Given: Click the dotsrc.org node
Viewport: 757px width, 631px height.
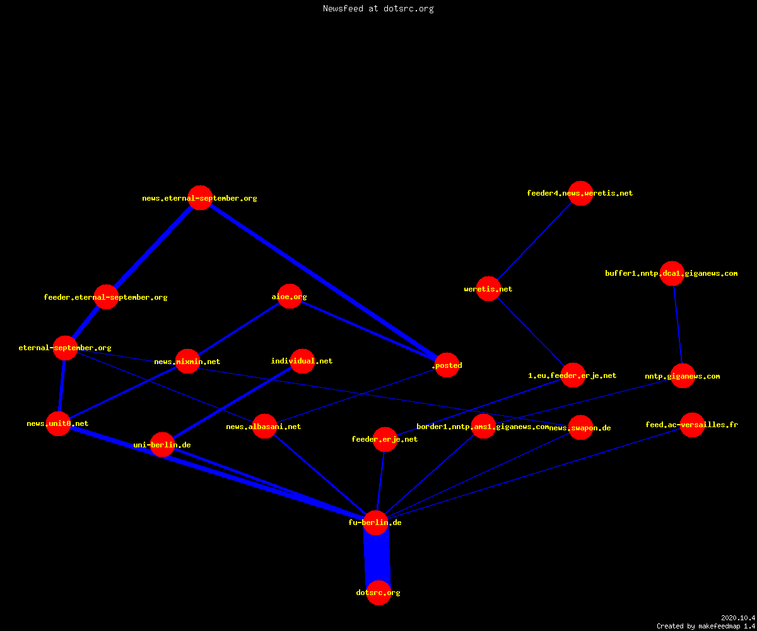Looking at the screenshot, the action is pyautogui.click(x=378, y=593).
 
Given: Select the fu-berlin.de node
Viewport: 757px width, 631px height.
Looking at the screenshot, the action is pyautogui.click(x=375, y=522).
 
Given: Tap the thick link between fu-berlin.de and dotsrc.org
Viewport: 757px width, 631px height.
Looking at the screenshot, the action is pyautogui.click(x=377, y=558).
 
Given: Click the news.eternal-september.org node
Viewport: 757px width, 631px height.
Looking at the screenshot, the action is pyautogui.click(x=200, y=198).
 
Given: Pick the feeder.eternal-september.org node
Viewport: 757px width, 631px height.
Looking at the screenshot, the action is pyautogui.click(x=106, y=297).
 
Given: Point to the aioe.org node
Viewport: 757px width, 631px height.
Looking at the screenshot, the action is pyautogui.click(x=290, y=297).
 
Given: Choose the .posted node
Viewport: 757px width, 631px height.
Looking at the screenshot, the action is pyautogui.click(x=447, y=365).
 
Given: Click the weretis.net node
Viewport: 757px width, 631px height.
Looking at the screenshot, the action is pyautogui.click(x=488, y=288).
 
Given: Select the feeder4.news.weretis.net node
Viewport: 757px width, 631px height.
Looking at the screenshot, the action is pyautogui.click(x=580, y=193).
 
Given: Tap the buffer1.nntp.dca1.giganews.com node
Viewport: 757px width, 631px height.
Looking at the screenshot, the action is pyautogui.click(x=672, y=273).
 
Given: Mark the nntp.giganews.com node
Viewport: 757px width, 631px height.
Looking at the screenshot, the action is pyautogui.click(x=683, y=375).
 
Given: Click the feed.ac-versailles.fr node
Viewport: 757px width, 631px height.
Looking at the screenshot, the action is pyautogui.click(x=692, y=425).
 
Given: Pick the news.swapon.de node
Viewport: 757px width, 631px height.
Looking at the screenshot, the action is pyautogui.click(x=580, y=428).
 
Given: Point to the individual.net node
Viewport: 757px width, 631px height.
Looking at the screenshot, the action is pyautogui.click(x=302, y=361).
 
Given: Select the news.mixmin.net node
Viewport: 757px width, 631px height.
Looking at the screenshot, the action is pyautogui.click(x=187, y=361).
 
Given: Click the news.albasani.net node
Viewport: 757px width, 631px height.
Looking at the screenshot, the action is pyautogui.click(x=264, y=426).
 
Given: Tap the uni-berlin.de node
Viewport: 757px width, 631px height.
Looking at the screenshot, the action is pyautogui.click(x=162, y=445).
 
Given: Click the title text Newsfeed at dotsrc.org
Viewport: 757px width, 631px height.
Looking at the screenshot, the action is pyautogui.click(x=378, y=8).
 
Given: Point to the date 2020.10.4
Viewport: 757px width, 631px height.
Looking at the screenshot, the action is pyautogui.click(x=738, y=618).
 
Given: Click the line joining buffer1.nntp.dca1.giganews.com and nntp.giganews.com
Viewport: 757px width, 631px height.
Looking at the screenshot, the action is pyautogui.click(x=678, y=324).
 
